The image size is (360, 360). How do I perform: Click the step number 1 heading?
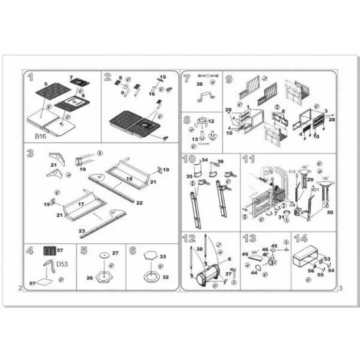tap(31, 77)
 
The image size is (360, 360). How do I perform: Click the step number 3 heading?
tap(31, 154)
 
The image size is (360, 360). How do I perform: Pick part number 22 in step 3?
tap(139, 203)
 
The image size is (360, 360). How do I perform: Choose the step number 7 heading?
tap(187, 78)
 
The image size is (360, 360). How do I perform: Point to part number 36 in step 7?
tap(200, 83)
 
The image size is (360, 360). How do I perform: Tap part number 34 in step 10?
tap(205, 160)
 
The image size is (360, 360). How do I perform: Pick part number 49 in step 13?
tap(246, 254)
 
